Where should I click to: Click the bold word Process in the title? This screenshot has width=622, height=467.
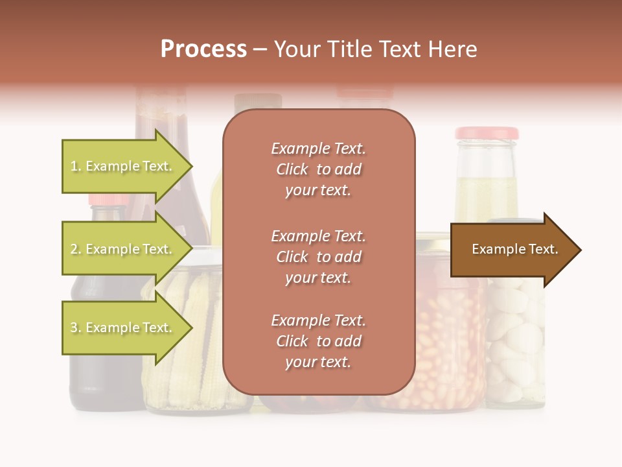(x=203, y=49)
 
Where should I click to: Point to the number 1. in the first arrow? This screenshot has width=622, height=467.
(x=76, y=167)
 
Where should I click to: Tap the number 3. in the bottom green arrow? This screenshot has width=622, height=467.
(x=76, y=328)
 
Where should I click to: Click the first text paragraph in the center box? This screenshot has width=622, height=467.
(x=318, y=169)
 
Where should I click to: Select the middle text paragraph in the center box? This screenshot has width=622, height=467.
(x=318, y=257)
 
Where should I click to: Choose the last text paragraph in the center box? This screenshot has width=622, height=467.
(x=318, y=341)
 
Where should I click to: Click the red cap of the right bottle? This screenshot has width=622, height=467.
(x=487, y=134)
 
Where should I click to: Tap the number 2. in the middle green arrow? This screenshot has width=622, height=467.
(x=76, y=250)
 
